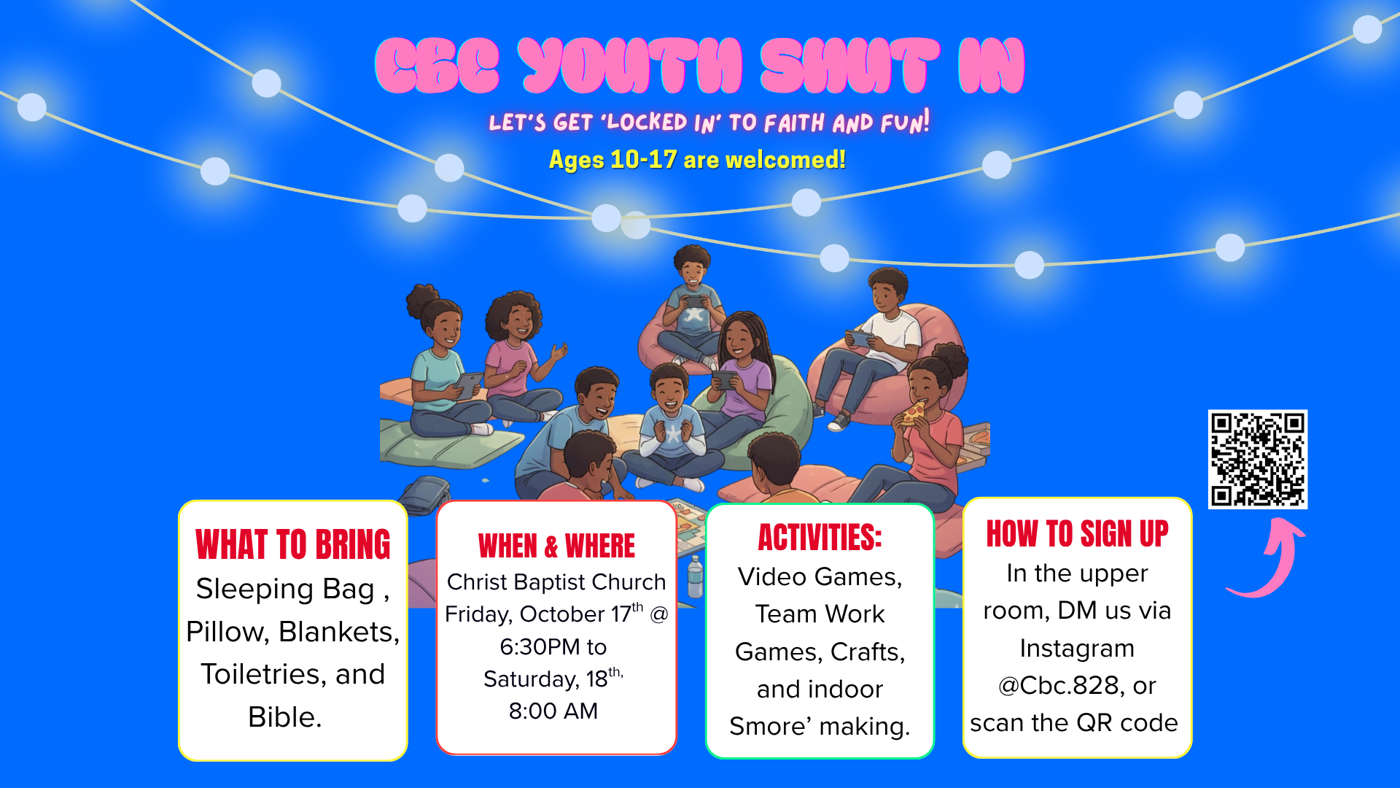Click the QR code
[1258, 459]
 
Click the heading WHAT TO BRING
[293, 544]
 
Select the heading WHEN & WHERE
[556, 546]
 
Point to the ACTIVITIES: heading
[820, 538]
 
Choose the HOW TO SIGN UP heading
[1078, 533]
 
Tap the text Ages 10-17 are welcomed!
[698, 159]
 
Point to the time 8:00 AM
[553, 711]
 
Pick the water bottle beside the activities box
[696, 576]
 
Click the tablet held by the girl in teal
[468, 384]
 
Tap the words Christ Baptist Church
[556, 582]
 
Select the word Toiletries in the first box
[264, 673]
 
